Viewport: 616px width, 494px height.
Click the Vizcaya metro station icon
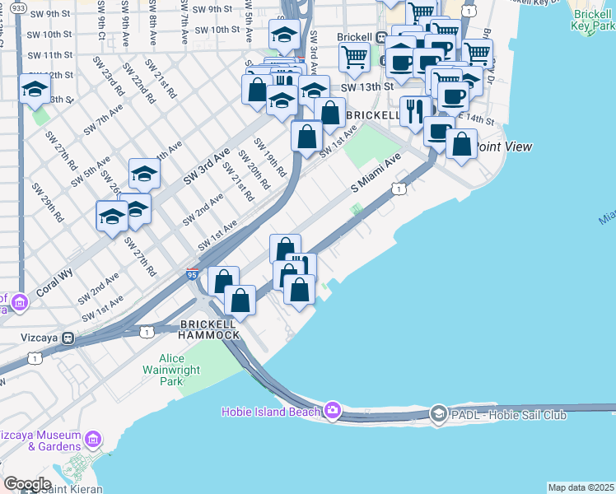point(69,338)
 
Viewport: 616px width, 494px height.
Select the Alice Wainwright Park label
point(171,370)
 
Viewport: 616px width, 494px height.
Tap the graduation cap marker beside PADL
point(439,413)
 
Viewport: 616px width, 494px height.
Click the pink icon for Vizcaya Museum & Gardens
point(93,440)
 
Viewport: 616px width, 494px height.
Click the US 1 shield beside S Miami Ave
point(398,189)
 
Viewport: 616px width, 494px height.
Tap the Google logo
point(27,483)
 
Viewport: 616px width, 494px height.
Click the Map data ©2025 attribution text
point(581,487)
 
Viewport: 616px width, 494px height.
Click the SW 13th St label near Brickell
point(363,86)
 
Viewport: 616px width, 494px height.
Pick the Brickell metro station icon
point(381,38)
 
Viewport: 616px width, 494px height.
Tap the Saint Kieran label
point(74,488)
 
